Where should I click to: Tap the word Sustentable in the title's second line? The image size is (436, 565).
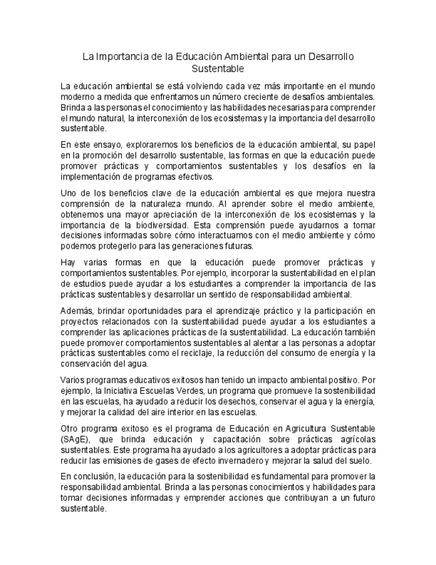(x=218, y=69)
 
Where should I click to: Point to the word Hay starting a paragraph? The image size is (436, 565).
(x=69, y=263)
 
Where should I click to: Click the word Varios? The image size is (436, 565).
(x=73, y=380)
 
